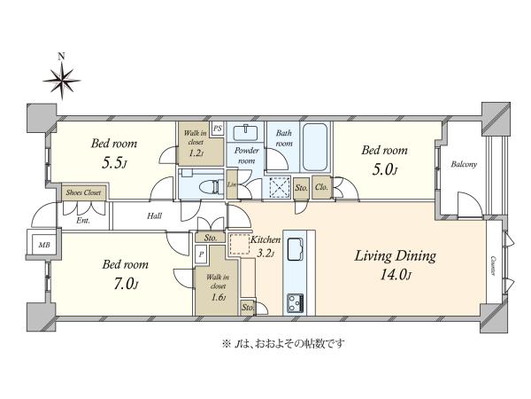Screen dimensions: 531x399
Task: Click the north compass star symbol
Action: (x=62, y=81)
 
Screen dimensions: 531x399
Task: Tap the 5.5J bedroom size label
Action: (x=114, y=163)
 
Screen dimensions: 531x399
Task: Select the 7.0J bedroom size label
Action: (x=126, y=284)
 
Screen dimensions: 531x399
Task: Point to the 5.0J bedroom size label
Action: (x=384, y=169)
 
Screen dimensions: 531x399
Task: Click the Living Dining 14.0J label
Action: (x=396, y=264)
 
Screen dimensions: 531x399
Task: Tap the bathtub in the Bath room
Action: (x=315, y=147)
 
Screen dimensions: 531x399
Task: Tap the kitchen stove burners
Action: (x=296, y=303)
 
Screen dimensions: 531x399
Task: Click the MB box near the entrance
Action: (x=44, y=245)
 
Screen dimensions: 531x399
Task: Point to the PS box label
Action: (x=218, y=129)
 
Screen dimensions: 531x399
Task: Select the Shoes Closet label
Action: (x=84, y=192)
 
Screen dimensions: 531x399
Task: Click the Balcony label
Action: (x=464, y=165)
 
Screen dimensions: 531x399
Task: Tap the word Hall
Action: (x=154, y=215)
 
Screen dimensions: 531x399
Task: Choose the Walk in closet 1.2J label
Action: (x=196, y=143)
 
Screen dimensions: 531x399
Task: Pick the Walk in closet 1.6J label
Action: (x=218, y=287)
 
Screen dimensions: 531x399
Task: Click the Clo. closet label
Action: (x=321, y=187)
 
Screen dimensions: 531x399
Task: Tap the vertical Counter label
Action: (x=493, y=266)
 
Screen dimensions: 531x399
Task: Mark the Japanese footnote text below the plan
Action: (x=283, y=344)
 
